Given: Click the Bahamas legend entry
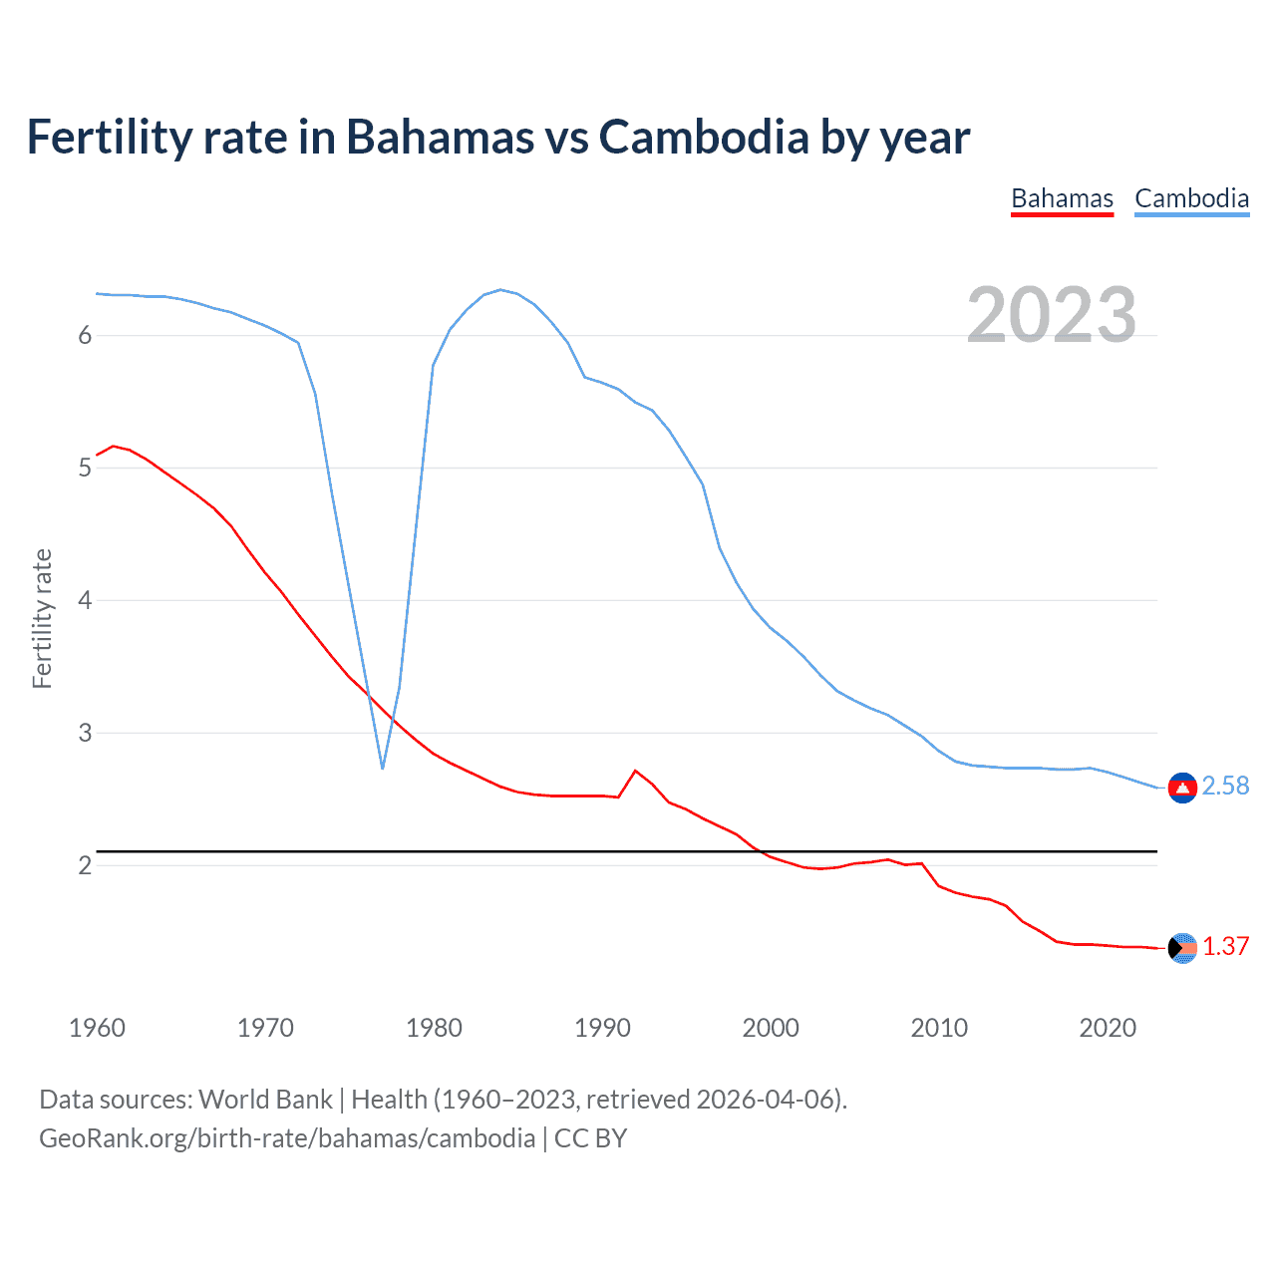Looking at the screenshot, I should click(x=1062, y=199).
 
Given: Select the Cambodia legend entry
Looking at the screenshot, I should click(x=1191, y=199).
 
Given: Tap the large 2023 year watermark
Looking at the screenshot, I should click(x=1051, y=315).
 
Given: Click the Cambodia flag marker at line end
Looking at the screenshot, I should click(x=1182, y=788).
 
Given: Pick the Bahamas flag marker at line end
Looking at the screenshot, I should click(x=1182, y=948).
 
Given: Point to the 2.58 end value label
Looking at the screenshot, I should click(x=1225, y=787).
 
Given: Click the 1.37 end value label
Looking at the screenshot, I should click(x=1225, y=947).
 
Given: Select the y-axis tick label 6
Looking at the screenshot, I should click(x=85, y=336).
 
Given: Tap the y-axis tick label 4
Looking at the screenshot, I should click(x=85, y=601).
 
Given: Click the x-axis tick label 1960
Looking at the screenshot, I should click(x=97, y=1028).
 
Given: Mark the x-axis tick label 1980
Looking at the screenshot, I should click(x=434, y=1028).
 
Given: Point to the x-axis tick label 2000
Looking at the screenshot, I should click(x=771, y=1028).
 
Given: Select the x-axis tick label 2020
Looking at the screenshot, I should click(x=1108, y=1028).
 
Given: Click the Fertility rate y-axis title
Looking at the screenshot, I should click(x=42, y=618).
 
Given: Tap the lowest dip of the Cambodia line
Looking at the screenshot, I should click(x=383, y=768).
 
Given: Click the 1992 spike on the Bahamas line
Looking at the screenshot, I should click(x=635, y=771).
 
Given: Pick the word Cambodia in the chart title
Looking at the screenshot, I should click(x=703, y=138).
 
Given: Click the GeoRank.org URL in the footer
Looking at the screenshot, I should click(x=287, y=1138).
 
